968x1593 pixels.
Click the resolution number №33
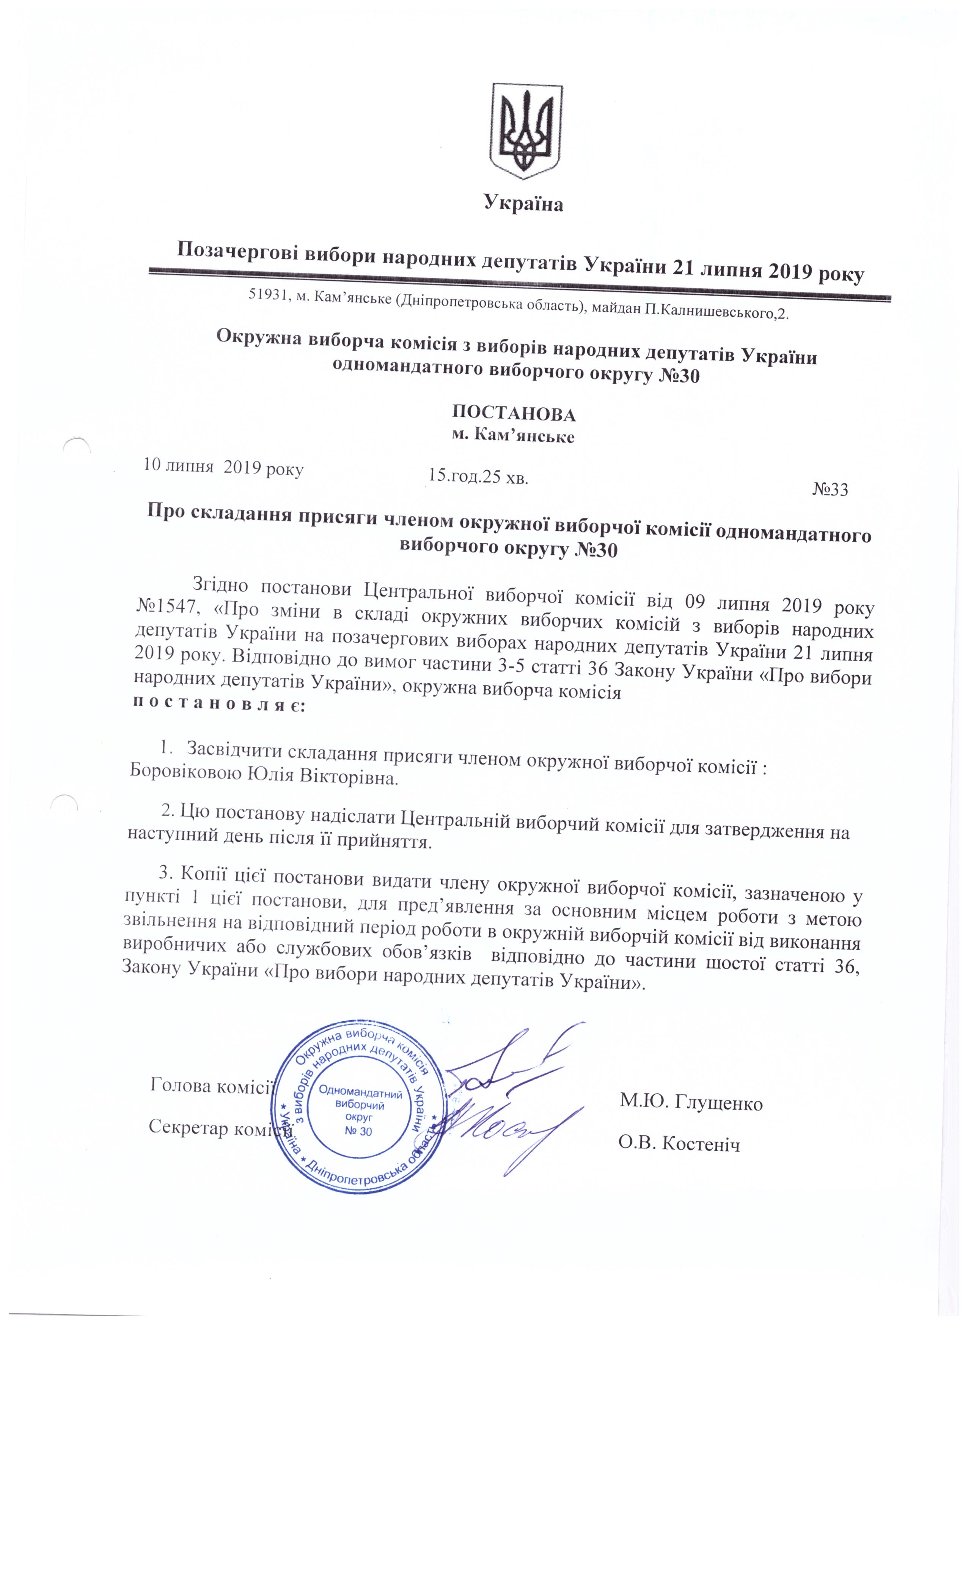830,489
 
